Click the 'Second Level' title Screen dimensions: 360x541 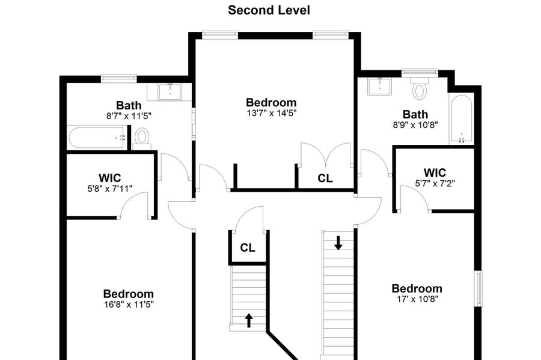click(269, 10)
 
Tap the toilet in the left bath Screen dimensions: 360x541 click(142, 138)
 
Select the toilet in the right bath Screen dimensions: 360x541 click(420, 90)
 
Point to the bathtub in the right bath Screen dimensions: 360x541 click(461, 119)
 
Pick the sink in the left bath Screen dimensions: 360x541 click(170, 91)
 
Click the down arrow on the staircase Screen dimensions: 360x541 click(338, 243)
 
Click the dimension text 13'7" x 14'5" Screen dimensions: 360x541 click(271, 112)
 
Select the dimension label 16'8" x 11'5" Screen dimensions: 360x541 click(128, 305)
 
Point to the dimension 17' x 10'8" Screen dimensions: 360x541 click(417, 299)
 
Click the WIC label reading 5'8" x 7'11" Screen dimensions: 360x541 click(110, 189)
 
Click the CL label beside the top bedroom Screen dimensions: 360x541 click(325, 178)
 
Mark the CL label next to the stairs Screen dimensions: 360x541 click(248, 247)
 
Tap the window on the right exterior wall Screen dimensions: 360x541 click(479, 289)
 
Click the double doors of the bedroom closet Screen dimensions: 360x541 click(325, 156)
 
